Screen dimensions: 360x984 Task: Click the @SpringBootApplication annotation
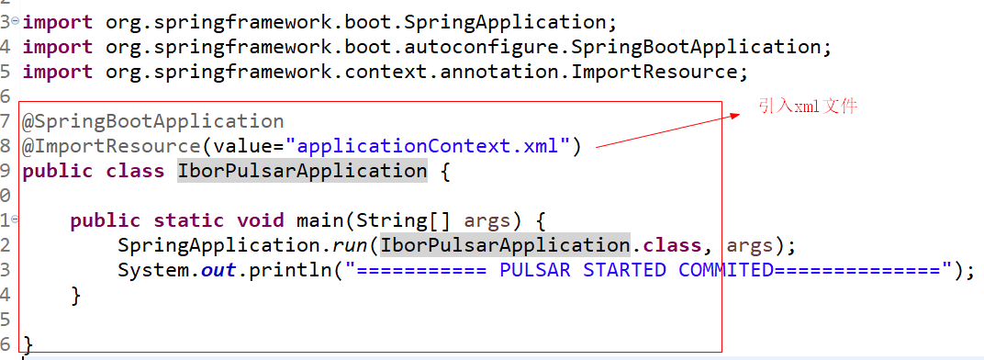coord(153,121)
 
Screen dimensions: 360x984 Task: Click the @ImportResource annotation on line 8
coord(111,146)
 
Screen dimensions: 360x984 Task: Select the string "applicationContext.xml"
coord(429,146)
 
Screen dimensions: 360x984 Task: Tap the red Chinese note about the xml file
coord(808,107)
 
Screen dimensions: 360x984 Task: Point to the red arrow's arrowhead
coord(734,116)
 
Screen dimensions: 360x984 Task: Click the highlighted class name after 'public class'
coord(302,171)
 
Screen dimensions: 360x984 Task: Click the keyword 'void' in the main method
coord(260,220)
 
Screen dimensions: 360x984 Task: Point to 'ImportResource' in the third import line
coord(654,71)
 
